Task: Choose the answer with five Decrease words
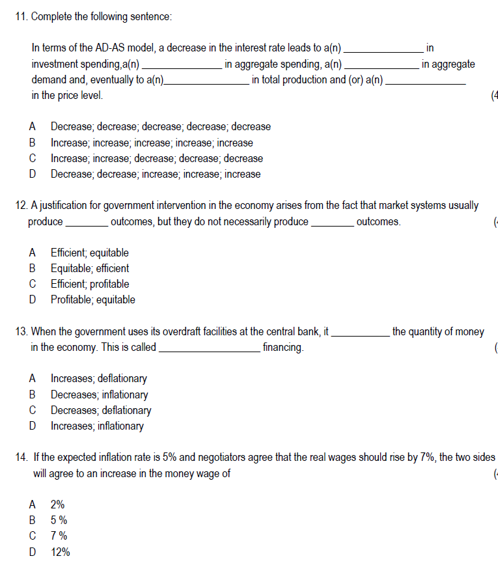pos(160,127)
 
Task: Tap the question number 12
pos(21,206)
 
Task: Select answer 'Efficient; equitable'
pos(89,253)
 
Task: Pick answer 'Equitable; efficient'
pos(89,268)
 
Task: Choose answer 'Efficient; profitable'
pos(89,284)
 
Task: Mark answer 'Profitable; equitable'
pos(92,299)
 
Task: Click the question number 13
pos(21,332)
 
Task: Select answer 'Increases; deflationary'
pos(98,378)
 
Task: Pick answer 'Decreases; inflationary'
pos(99,394)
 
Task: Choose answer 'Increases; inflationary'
pos(97,426)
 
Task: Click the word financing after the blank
pos(283,348)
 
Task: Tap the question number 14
pos(21,458)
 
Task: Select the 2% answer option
pos(57,505)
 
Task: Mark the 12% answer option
pos(60,552)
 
